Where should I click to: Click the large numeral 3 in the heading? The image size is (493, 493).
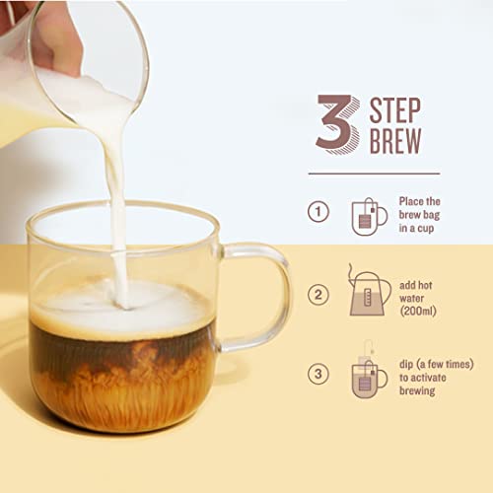[x=334, y=122]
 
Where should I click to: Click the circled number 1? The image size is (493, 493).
[x=317, y=211]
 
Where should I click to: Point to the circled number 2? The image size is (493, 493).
[x=317, y=292]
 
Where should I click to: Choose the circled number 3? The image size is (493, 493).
[x=317, y=373]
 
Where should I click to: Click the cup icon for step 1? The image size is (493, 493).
[x=369, y=215]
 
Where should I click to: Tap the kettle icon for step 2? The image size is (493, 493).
[x=368, y=293]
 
